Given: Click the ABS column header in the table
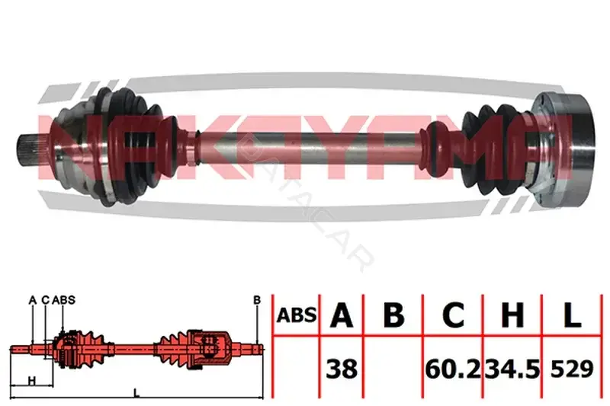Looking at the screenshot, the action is tap(297, 315).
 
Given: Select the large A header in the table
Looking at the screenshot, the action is tap(341, 315).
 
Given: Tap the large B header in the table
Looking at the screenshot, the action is tap(393, 315).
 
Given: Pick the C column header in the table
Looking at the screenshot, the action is tap(453, 315).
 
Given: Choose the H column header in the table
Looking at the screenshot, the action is tap(512, 315).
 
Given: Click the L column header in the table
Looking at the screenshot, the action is tap(573, 315).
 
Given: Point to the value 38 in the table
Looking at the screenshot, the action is tap(342, 369).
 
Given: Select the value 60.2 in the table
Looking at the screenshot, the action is tap(453, 369).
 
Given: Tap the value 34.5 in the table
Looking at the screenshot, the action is tap(512, 369).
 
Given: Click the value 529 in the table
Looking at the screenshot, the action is tap(572, 369).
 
